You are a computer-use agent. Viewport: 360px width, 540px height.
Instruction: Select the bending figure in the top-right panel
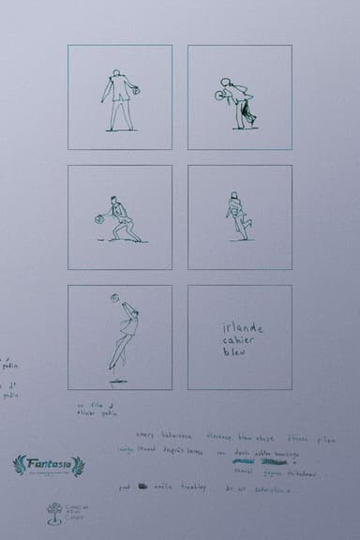[x=240, y=101]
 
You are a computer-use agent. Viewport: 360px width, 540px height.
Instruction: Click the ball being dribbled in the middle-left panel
[x=97, y=219]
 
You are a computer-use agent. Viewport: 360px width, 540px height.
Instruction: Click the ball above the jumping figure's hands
[x=115, y=299]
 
